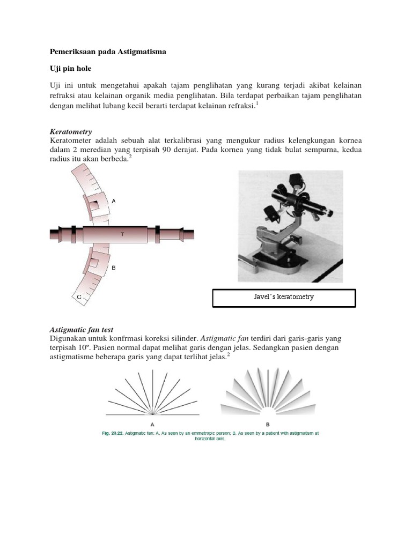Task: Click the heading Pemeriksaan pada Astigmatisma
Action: (108, 51)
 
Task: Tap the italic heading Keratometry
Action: (71, 131)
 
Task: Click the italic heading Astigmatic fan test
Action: (82, 329)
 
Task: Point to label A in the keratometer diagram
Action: (113, 201)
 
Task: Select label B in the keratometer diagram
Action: (113, 267)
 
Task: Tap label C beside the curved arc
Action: (79, 296)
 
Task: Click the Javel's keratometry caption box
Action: (284, 298)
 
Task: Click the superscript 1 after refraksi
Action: (257, 103)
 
